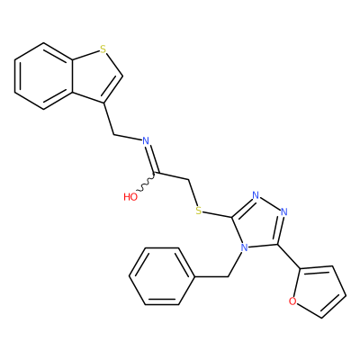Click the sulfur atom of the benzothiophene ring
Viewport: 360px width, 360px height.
pos(103,49)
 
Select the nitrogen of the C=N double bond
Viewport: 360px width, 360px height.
pos(146,140)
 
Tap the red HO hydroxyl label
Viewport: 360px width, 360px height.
pos(130,197)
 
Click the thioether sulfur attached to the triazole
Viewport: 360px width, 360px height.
pos(198,211)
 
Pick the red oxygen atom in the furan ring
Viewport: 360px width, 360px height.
pos(292,301)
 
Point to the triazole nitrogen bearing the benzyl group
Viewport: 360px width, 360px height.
pos(245,247)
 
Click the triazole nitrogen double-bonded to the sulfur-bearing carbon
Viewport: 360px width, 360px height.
pos(256,195)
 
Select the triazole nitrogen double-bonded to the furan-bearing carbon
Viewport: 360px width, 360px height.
pos(284,212)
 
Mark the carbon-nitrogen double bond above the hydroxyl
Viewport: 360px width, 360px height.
pos(152,159)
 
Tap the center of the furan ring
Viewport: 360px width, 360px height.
pos(318,291)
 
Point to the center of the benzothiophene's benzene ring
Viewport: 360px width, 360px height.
pos(44,76)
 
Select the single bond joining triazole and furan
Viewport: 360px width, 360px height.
pos(288,256)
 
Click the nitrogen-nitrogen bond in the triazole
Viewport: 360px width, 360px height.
pos(270,204)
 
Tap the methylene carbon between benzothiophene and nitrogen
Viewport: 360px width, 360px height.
pos(114,134)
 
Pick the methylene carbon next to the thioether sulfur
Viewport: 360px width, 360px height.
pos(189,180)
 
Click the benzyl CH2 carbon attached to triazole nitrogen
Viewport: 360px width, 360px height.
pos(229,276)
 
